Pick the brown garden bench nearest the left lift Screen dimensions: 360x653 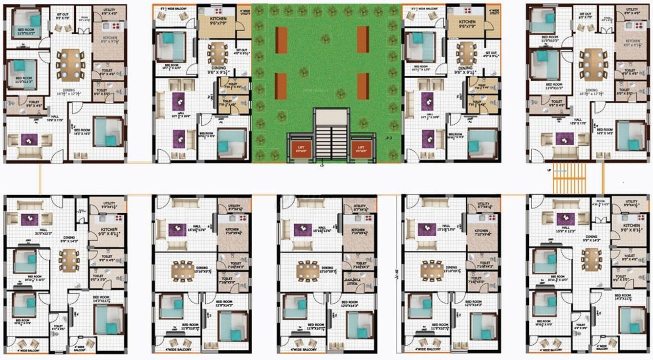pos(281,86)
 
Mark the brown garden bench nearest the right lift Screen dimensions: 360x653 pos(362,86)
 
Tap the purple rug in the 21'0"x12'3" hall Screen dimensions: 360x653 pos(29,219)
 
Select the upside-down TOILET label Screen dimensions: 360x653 pos(351,283)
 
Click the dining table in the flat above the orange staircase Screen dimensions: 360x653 pos(593,62)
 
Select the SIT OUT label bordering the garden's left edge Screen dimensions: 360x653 pos(241,51)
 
